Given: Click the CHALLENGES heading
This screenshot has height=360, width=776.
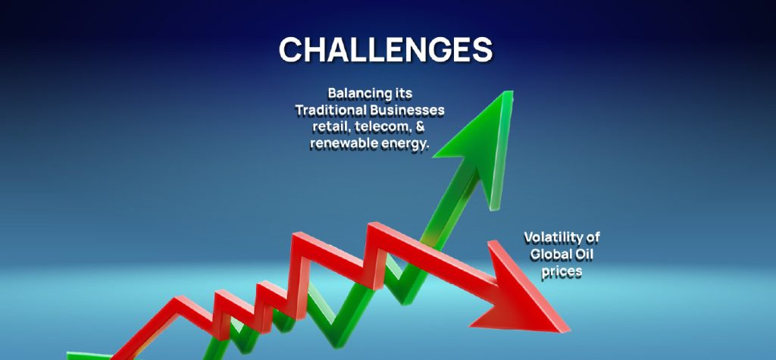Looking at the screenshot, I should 386,49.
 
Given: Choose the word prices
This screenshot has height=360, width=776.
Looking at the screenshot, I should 562,271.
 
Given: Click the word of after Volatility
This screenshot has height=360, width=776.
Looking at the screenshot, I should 592,237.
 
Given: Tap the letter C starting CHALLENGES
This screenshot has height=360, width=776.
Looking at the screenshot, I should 292,49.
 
